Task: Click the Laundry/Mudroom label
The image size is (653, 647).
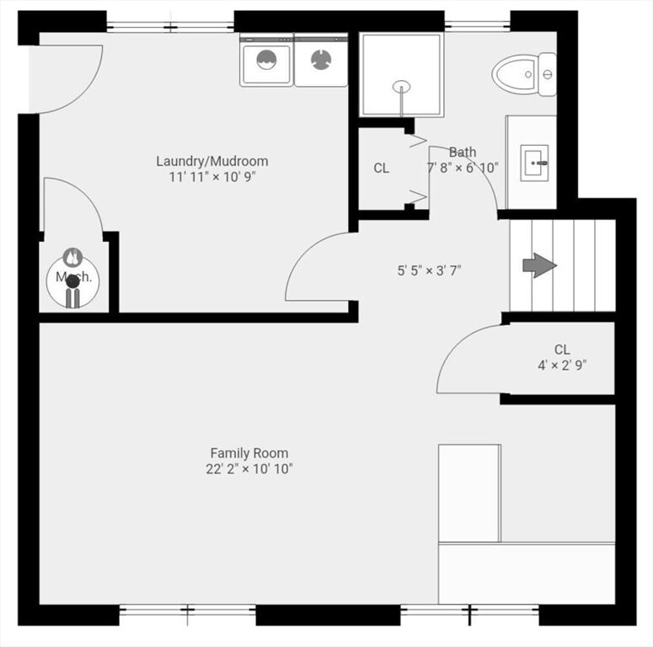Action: (x=212, y=161)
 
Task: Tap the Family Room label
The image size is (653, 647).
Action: (x=249, y=453)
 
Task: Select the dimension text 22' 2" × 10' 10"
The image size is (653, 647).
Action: (x=249, y=469)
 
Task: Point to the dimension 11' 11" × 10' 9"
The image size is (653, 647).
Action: (x=212, y=178)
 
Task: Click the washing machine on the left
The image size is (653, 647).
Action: (x=266, y=61)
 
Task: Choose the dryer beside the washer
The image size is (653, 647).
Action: (x=321, y=61)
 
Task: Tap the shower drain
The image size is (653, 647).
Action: (x=401, y=87)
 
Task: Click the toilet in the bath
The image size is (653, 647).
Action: (x=524, y=75)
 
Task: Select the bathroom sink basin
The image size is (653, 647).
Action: (x=534, y=163)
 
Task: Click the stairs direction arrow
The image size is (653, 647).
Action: (x=540, y=265)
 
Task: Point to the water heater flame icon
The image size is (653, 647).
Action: (x=72, y=257)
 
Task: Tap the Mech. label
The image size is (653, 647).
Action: (x=73, y=276)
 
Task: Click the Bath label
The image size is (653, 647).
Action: (x=463, y=152)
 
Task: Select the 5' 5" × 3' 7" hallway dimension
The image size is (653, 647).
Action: (x=430, y=271)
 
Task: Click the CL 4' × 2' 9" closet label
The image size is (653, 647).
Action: (x=562, y=357)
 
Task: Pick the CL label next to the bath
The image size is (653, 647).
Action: (x=381, y=168)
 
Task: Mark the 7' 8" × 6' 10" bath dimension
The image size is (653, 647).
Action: (x=463, y=168)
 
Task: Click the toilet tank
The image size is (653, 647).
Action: (x=548, y=74)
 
